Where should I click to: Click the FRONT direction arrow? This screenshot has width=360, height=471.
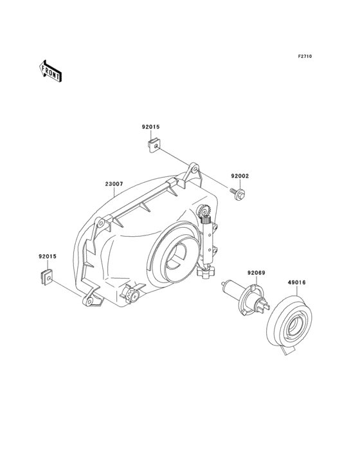[50, 71]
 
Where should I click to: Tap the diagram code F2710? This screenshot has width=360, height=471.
[305, 56]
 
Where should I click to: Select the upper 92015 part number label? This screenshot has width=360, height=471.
[150, 127]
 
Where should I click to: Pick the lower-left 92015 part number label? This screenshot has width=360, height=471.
[48, 257]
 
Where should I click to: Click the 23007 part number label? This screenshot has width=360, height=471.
[114, 184]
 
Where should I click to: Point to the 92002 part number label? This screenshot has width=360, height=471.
[240, 176]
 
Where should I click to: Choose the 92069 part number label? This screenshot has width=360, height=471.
[256, 273]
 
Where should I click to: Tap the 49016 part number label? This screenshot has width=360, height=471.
[297, 282]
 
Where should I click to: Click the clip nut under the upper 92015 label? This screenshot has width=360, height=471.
[154, 145]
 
